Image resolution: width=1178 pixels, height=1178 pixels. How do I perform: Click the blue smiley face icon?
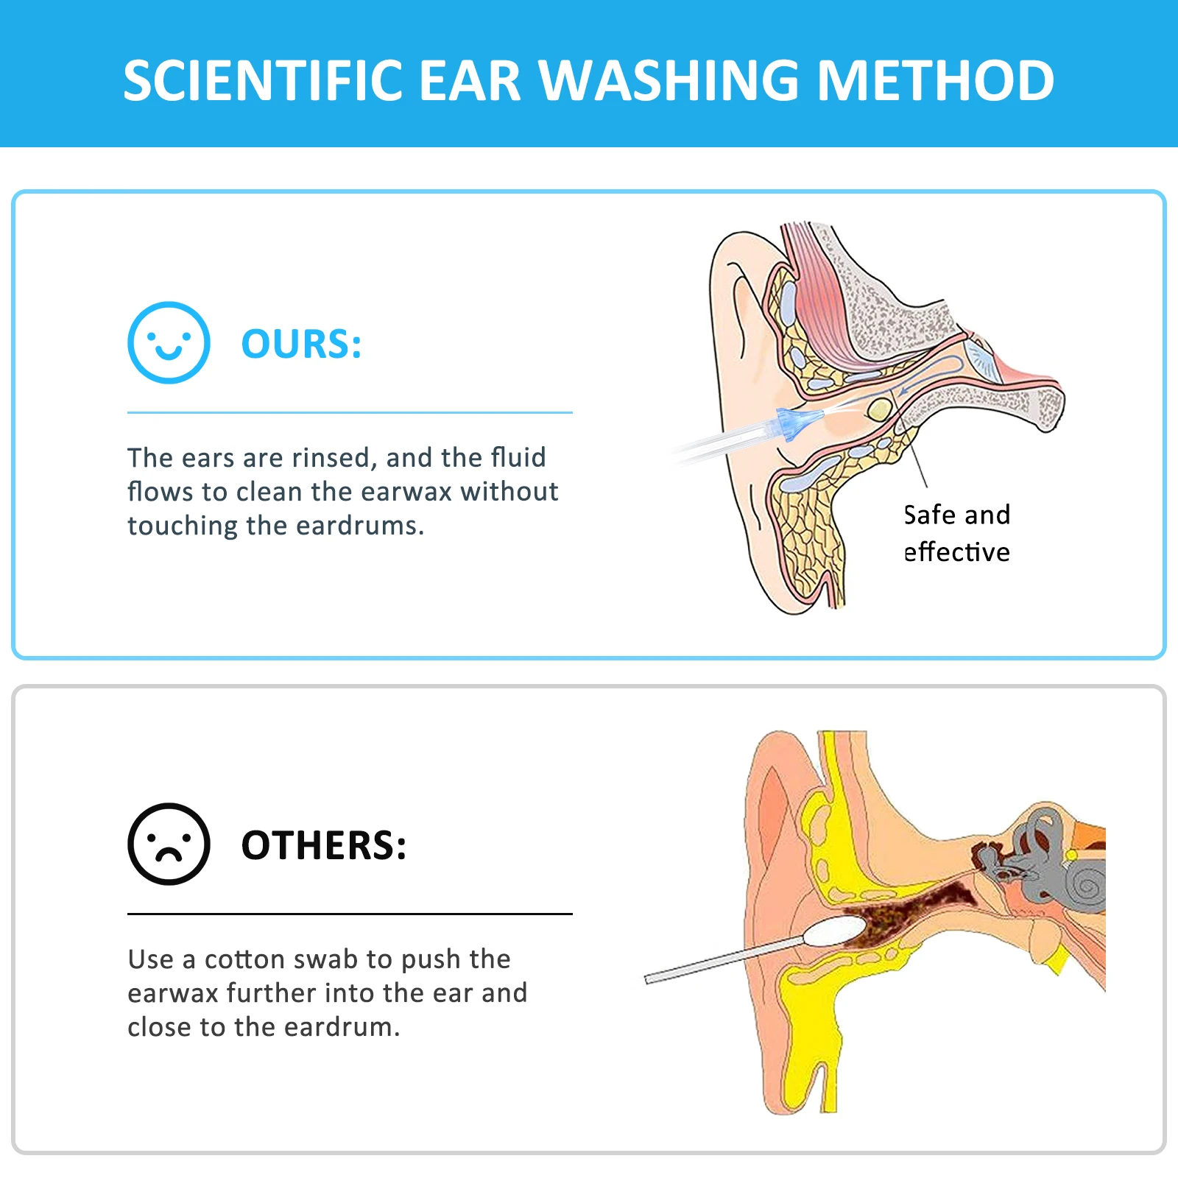coord(169,342)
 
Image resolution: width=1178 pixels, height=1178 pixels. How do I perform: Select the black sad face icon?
coord(169,844)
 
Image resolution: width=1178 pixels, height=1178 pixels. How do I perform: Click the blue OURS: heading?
coord(301,344)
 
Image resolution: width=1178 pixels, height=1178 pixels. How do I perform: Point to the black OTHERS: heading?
coord(323,845)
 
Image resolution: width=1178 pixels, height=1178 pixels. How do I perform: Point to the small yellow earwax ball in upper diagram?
coord(879,409)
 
